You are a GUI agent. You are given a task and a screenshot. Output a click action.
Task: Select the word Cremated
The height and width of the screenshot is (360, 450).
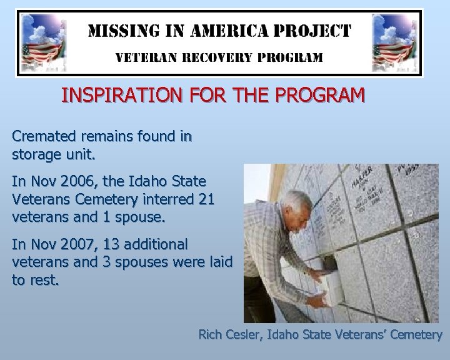[41, 136]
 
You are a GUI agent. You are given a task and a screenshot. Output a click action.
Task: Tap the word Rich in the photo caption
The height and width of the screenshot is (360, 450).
[210, 334]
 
